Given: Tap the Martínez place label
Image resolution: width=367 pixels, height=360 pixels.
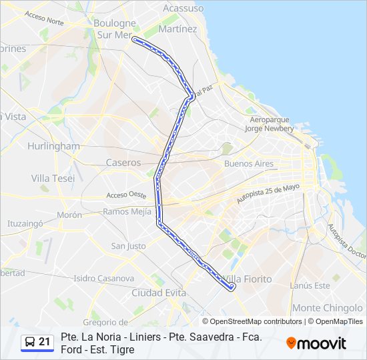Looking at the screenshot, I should point(177,29).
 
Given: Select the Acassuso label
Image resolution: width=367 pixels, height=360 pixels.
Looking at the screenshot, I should point(183,8).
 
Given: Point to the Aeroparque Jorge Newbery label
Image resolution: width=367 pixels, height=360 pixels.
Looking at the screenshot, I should point(269,123).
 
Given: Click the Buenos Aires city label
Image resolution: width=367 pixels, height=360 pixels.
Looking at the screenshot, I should point(249,163).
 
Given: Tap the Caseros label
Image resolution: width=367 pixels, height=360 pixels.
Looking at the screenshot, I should point(123,163).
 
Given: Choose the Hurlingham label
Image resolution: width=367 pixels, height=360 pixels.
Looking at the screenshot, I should point(53,146).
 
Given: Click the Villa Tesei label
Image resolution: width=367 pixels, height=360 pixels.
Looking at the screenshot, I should point(53,178).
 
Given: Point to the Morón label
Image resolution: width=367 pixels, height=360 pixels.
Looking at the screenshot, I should point(69,215).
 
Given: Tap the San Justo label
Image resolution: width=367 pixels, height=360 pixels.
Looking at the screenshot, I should point(128,246).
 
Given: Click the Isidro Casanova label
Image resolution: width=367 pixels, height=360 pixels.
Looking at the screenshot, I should point(103,278).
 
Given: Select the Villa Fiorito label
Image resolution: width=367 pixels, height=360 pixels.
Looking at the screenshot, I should point(248,279).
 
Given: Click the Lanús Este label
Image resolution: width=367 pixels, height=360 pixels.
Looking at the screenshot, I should point(310,285).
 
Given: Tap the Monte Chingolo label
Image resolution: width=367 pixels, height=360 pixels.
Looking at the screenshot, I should point(326,307).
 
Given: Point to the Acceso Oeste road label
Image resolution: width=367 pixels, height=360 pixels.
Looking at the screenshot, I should point(127,195).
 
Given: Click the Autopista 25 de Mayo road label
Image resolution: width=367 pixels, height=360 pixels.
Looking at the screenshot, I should point(268,194).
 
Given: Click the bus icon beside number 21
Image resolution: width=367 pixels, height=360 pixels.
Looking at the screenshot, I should point(29,342).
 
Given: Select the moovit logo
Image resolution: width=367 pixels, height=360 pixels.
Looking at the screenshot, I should point(316,343).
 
